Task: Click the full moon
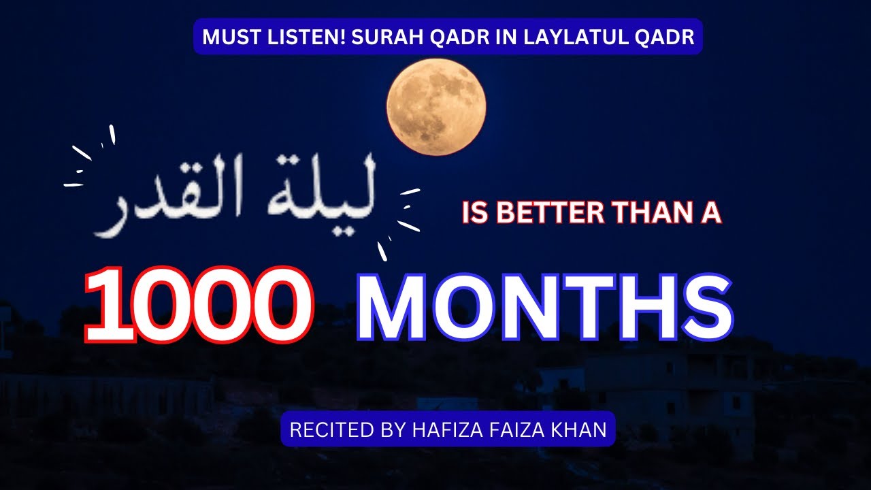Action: [x=436, y=107]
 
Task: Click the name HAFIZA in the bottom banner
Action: [x=440, y=430]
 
